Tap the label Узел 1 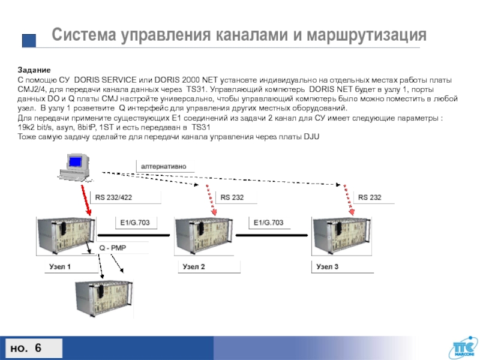click(59, 266)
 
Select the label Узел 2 click(194, 266)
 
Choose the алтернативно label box click(164, 165)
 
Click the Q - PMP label click(112, 247)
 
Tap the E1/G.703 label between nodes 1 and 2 click(136, 223)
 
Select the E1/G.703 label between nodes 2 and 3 click(269, 223)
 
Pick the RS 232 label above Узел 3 click(370, 197)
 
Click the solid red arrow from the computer click(85, 199)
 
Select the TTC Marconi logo click(463, 349)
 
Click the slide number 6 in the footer click(38, 349)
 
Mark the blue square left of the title click(29, 40)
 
